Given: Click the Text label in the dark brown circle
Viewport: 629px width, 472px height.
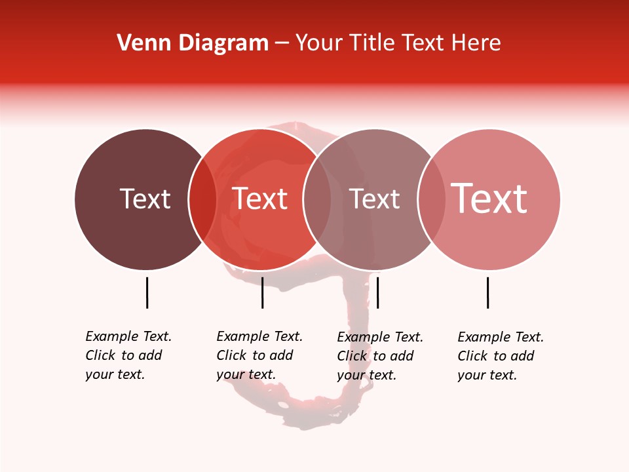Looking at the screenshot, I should [145, 199].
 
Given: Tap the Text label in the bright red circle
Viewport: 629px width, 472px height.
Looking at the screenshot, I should [260, 199].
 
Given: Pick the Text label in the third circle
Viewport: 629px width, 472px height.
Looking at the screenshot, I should [374, 199].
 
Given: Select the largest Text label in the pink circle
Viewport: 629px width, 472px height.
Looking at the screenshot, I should [489, 198].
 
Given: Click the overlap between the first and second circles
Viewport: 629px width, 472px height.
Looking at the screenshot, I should [202, 199].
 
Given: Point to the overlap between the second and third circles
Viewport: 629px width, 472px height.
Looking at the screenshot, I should [317, 199].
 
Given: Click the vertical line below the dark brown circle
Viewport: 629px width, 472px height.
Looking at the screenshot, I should [147, 292].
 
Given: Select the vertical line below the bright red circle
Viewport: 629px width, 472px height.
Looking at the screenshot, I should [262, 292].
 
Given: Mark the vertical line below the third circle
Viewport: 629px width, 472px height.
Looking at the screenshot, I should [377, 292].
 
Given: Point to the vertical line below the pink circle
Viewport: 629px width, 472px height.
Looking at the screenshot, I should [487, 292].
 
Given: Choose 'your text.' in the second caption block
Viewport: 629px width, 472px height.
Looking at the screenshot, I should [246, 375].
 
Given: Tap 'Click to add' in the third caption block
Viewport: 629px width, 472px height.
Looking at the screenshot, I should [375, 356].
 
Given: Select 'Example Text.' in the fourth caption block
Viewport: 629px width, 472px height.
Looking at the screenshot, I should [501, 337].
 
